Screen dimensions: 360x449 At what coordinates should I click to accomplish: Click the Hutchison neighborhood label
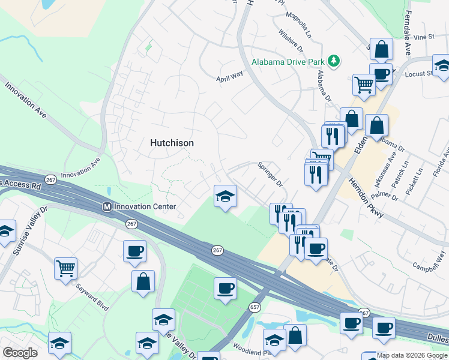click(172, 143)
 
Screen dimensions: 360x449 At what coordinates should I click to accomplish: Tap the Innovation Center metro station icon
click(107, 206)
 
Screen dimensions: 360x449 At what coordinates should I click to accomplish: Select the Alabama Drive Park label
click(288, 62)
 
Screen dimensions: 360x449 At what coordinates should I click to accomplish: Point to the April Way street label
click(229, 77)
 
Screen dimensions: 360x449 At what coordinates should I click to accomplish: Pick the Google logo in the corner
click(20, 353)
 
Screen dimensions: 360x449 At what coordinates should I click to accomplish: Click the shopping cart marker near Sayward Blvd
click(65, 268)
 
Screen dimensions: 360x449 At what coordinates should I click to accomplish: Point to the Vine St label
click(423, 37)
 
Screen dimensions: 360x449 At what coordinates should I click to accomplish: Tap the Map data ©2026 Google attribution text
click(412, 355)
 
